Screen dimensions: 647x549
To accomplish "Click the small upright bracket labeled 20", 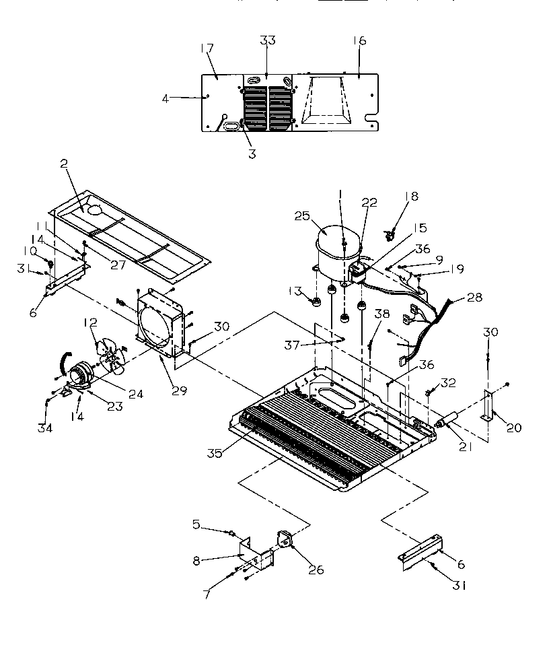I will (486, 409).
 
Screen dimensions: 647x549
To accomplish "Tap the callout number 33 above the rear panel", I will (268, 41).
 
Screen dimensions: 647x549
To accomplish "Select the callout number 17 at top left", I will (207, 48).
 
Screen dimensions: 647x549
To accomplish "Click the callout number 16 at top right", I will (359, 41).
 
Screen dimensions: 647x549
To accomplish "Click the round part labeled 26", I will (285, 541).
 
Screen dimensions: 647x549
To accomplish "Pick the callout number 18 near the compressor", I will (412, 196).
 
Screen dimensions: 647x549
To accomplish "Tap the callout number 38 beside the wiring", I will (382, 313).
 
